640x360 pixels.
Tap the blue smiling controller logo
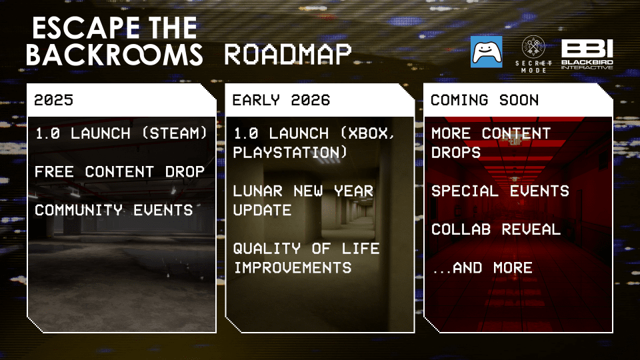click(x=486, y=52)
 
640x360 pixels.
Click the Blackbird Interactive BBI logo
click(x=587, y=54)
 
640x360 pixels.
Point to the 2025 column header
click(x=53, y=101)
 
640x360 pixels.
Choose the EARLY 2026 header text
click(x=281, y=101)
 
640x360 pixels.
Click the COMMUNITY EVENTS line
click(x=114, y=211)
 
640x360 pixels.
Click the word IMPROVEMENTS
click(x=292, y=268)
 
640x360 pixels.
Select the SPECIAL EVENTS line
click(x=500, y=191)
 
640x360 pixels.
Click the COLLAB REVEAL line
click(x=496, y=230)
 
